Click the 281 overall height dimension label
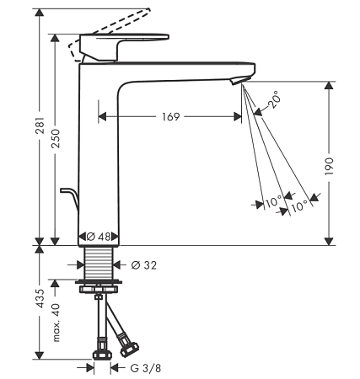(41, 125)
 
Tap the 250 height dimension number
(56, 139)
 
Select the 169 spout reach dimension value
(170, 116)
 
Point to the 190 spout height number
(329, 167)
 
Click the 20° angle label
(274, 99)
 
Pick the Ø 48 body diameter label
(99, 237)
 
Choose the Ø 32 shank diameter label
(144, 265)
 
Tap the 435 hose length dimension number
(41, 298)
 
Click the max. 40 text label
(56, 323)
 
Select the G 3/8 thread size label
(146, 368)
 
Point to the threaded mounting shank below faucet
(99, 264)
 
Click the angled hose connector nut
(129, 349)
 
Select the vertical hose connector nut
(102, 355)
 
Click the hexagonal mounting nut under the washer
(99, 289)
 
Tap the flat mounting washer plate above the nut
(99, 281)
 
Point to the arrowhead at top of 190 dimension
(329, 86)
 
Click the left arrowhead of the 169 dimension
(102, 116)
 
